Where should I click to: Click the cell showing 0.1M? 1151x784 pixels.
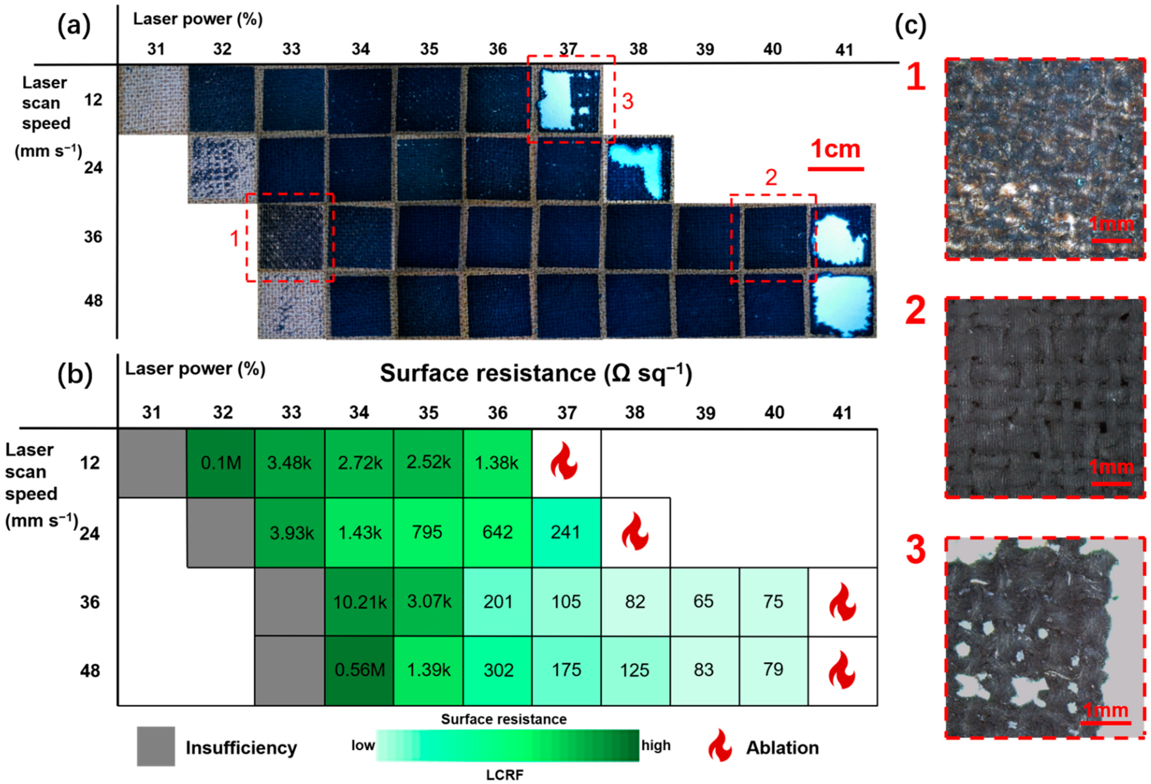(221, 463)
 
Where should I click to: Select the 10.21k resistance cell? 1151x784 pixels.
(360, 602)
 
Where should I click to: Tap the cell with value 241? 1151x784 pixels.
(566, 532)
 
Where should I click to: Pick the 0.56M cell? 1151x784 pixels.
(360, 670)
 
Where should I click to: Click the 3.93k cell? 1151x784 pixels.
(291, 533)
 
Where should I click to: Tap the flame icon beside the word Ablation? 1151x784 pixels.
(720, 747)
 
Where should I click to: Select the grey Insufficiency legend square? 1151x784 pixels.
(156, 746)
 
